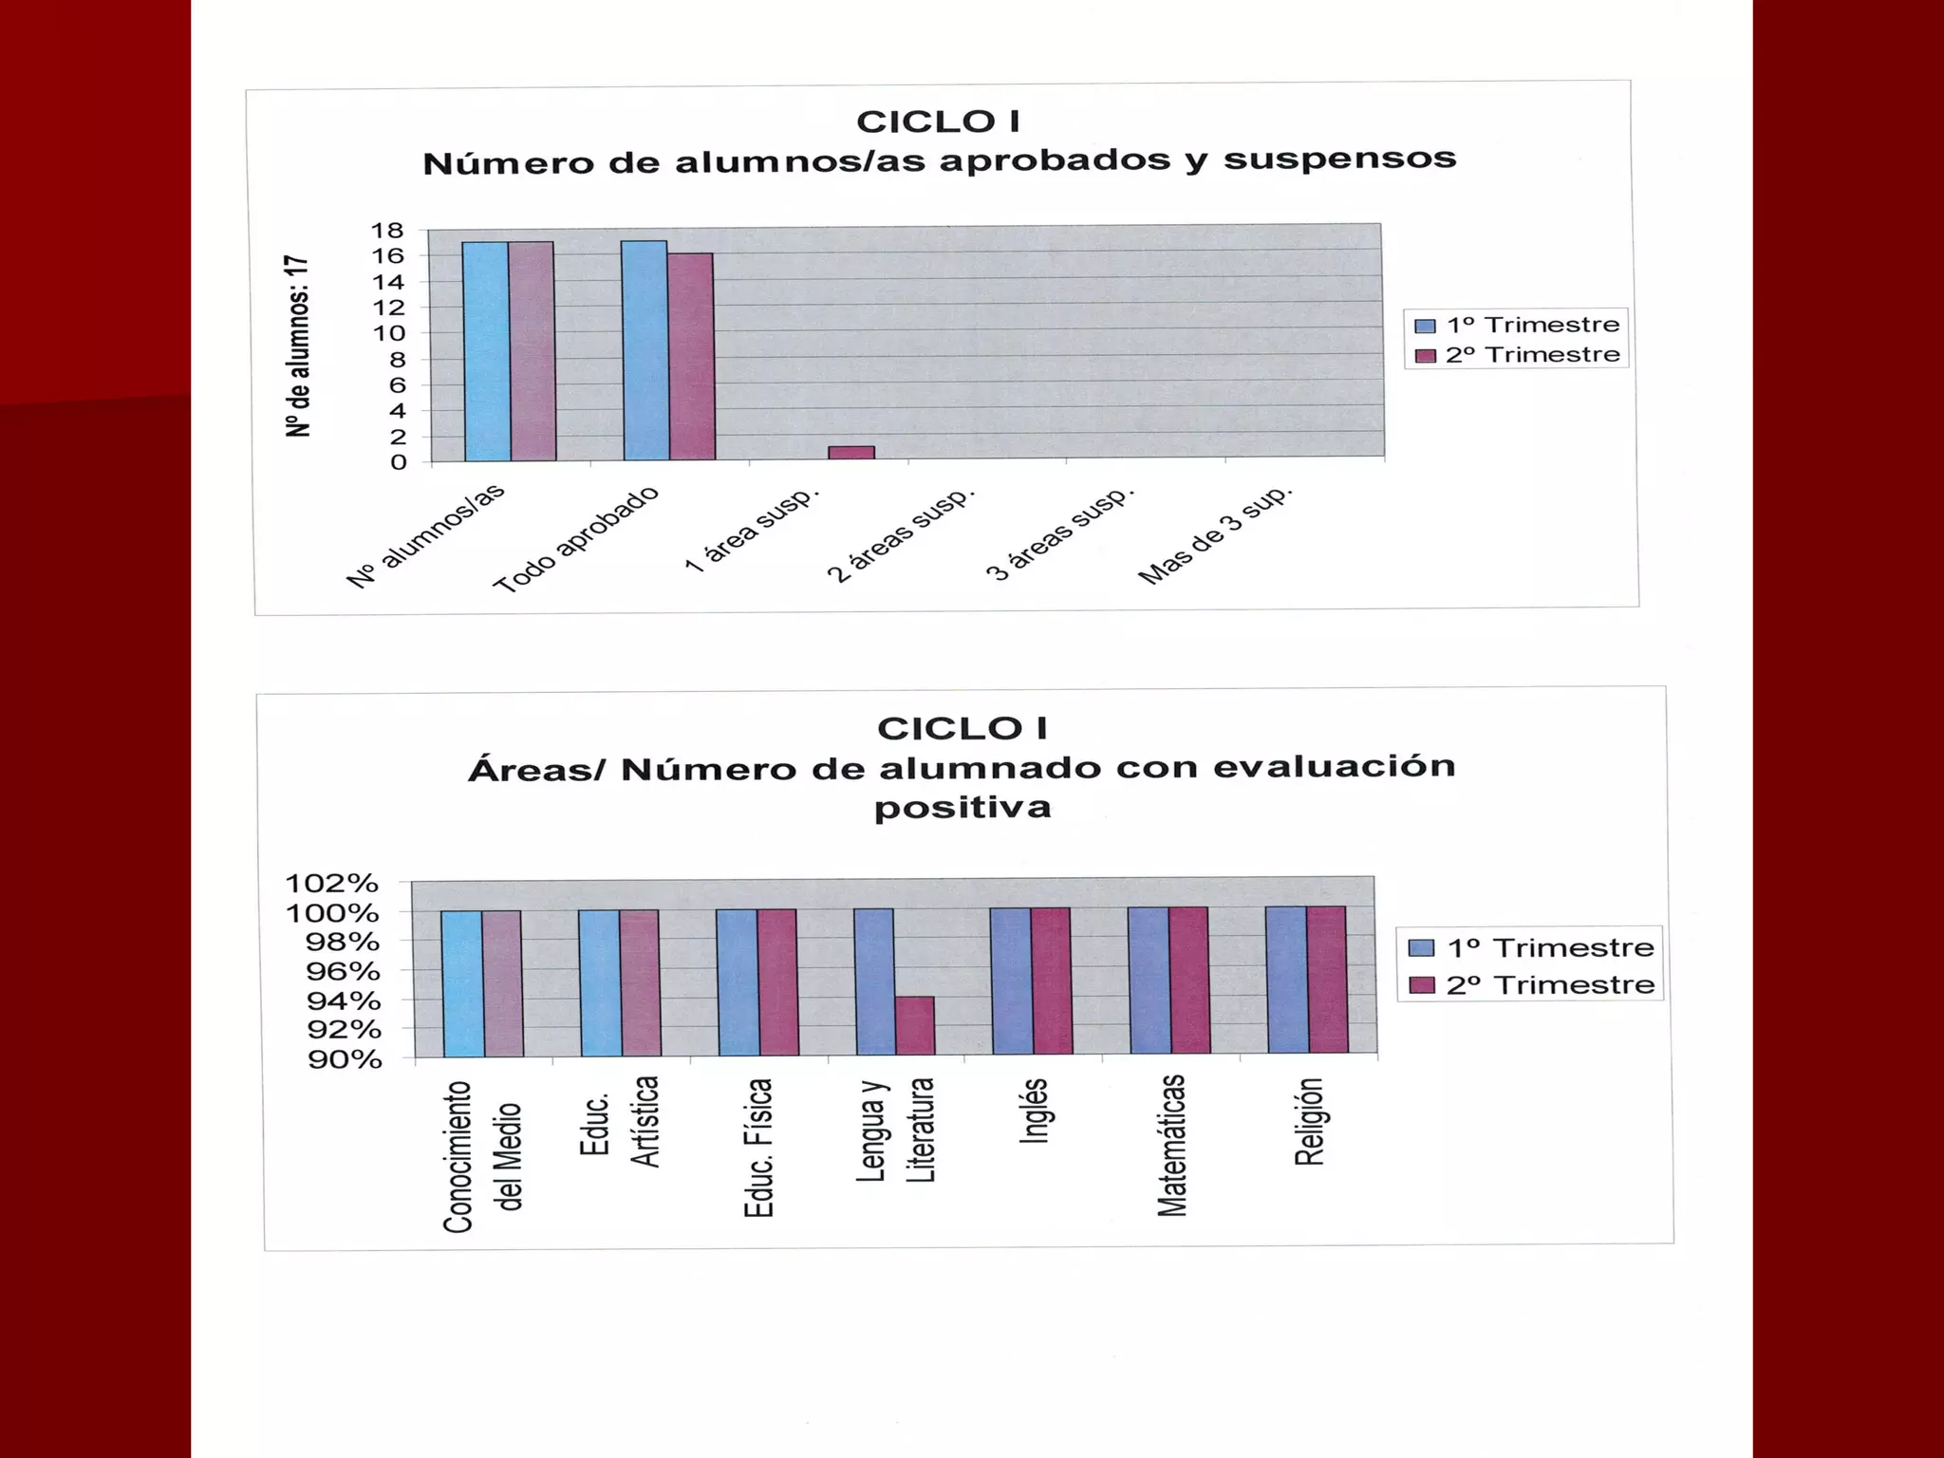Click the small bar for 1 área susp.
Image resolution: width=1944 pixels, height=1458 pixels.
850,453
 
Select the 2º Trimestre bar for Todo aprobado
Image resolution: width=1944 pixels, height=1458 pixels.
691,356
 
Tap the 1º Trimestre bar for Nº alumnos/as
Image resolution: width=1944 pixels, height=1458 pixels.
487,351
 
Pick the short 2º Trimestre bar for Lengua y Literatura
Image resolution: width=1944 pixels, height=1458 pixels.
915,1025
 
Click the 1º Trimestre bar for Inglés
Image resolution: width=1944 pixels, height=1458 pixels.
1011,981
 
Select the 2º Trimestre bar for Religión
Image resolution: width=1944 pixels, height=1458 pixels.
1326,980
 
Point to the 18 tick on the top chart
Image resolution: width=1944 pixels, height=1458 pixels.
387,231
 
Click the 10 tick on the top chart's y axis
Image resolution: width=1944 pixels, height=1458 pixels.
388,333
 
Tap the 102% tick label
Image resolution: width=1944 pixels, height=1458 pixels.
332,884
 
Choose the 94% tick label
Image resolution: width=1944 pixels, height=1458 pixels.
344,1000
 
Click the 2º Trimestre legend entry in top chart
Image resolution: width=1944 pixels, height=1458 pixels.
1519,355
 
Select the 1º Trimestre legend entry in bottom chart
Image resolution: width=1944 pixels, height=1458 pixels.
1533,947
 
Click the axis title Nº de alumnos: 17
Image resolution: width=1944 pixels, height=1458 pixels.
298,346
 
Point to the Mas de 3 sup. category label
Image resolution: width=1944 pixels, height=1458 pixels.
1215,535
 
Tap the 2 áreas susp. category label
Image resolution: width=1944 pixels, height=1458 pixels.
901,535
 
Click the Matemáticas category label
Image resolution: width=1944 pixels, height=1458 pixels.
1172,1145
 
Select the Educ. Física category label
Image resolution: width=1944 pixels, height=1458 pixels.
758,1148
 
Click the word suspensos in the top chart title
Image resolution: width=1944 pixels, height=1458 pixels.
1339,159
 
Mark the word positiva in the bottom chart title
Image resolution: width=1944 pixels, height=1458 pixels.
963,808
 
